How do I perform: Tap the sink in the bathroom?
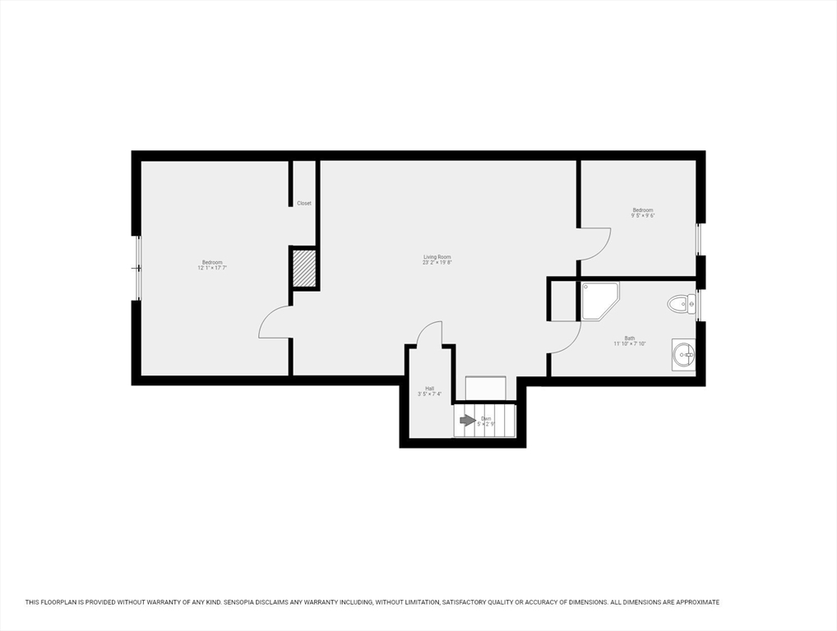[x=683, y=355]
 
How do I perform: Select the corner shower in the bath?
[x=599, y=299]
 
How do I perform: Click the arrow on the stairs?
[x=467, y=421]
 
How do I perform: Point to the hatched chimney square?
[x=304, y=269]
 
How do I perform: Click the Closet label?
[x=304, y=203]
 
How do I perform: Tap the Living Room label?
[x=437, y=257]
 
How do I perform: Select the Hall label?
[x=429, y=389]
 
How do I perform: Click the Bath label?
[x=630, y=338]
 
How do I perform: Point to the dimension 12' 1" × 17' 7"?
[x=212, y=268]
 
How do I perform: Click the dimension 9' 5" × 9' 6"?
[x=643, y=215]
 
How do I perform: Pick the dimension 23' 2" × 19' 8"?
[x=437, y=263]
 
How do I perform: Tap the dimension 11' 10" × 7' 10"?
[x=630, y=343]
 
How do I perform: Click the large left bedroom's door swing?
[x=274, y=323]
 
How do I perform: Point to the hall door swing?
[x=429, y=333]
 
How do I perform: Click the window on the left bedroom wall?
[x=138, y=268]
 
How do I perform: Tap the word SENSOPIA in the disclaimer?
[x=247, y=602]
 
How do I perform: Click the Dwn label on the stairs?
[x=486, y=419]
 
